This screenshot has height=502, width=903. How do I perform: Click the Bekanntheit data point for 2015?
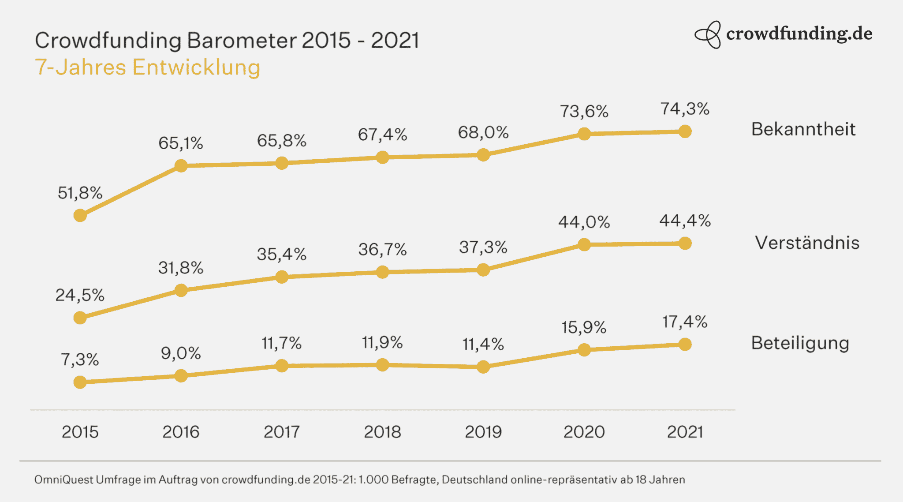80,215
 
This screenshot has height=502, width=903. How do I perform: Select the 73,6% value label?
584,112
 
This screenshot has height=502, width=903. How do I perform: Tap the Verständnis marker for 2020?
584,244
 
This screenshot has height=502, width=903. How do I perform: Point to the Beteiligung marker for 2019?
483,367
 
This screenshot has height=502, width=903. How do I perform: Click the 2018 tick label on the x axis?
382,432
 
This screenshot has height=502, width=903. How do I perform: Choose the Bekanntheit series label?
803,129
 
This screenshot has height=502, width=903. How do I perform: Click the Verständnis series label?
807,243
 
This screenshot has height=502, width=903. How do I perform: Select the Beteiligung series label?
800,343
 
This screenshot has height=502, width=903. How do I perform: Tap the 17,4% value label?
684,322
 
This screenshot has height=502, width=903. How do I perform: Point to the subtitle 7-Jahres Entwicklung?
147,67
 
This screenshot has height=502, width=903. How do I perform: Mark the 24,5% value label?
80,295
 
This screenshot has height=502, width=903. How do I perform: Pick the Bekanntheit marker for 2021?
685,131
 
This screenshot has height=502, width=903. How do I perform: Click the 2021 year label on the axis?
685,432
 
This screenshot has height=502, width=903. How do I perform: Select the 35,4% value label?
281,255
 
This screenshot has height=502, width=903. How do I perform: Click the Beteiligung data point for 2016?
181,376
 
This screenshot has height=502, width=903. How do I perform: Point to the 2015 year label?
80,432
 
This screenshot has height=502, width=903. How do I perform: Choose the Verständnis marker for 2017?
282,277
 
